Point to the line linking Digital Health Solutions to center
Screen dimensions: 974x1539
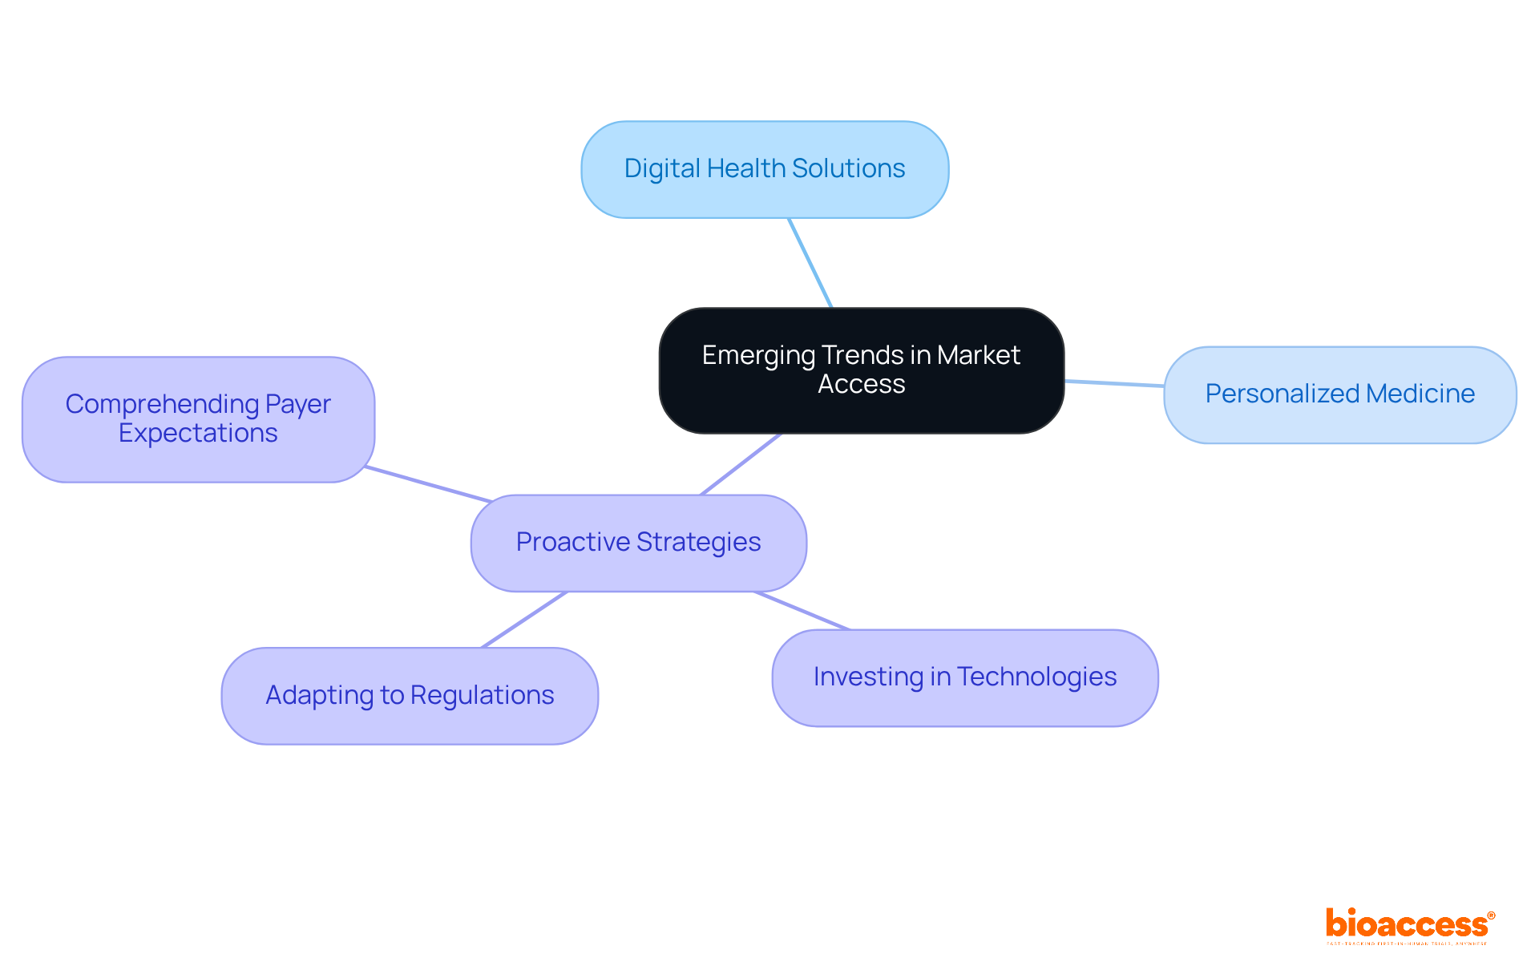click(x=810, y=263)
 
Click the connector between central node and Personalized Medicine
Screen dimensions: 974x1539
click(x=1114, y=383)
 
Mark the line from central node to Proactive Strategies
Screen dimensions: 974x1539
click(x=741, y=464)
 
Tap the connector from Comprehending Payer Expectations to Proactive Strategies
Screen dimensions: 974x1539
click(x=428, y=484)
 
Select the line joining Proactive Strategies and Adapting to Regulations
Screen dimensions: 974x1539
click(x=524, y=620)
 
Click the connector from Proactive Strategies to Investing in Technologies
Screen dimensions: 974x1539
click(x=802, y=611)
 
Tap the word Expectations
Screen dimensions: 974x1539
click(x=198, y=433)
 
